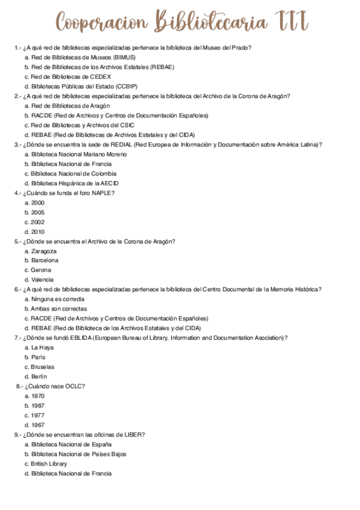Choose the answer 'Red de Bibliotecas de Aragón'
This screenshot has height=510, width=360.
(x=70, y=106)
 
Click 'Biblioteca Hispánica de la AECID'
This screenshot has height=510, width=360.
(x=75, y=183)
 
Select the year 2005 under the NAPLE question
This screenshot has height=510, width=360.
(x=38, y=212)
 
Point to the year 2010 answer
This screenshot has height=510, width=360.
(x=38, y=232)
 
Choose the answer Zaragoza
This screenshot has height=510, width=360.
(x=44, y=251)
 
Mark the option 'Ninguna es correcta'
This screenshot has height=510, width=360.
(x=58, y=299)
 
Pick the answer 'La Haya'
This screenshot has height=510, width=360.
(x=42, y=347)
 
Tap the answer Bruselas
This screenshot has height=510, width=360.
(x=43, y=366)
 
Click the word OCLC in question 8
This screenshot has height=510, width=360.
(x=74, y=386)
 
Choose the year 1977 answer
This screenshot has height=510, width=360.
(x=38, y=415)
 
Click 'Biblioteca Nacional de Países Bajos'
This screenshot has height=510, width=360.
(x=79, y=454)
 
